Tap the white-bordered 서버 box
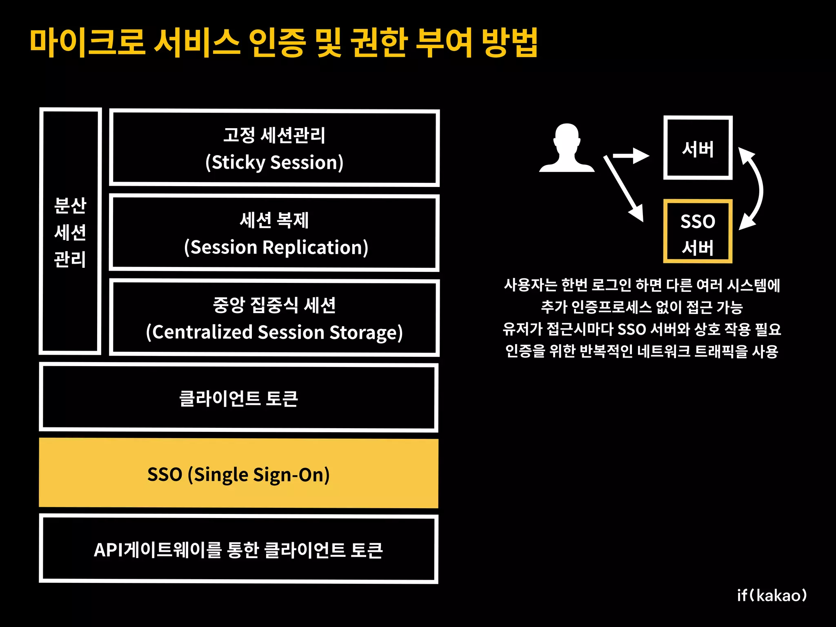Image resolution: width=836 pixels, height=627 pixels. click(x=698, y=148)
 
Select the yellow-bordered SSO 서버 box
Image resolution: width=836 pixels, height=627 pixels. click(x=698, y=231)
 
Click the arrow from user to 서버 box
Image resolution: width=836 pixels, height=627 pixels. click(x=631, y=156)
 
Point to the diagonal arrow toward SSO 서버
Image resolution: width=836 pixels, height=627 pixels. click(x=624, y=189)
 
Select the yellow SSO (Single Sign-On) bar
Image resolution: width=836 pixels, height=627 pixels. click(x=238, y=474)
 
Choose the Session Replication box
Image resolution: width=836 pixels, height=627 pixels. click(x=274, y=233)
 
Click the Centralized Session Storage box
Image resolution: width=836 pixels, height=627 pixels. click(x=274, y=318)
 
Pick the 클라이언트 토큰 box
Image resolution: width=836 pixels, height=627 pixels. click(x=238, y=398)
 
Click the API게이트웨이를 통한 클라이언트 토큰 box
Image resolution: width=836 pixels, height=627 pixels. click(x=238, y=549)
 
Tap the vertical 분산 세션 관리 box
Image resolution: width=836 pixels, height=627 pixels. click(x=70, y=231)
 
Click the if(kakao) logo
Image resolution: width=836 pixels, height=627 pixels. click(x=772, y=596)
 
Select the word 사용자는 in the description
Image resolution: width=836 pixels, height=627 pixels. click(x=530, y=285)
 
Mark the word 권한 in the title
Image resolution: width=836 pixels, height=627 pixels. click(x=379, y=42)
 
